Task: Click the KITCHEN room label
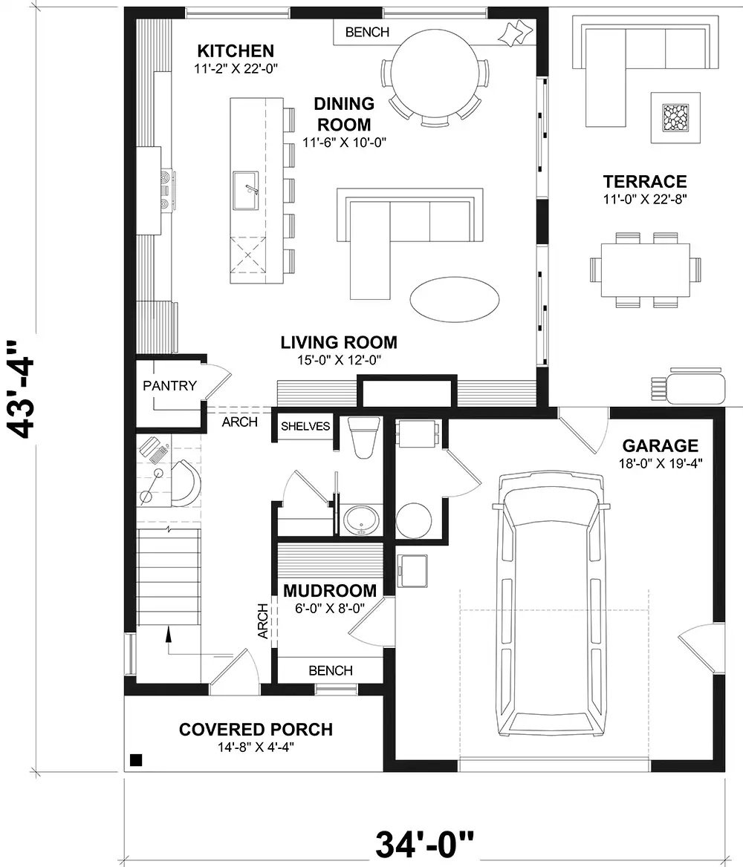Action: [235, 51]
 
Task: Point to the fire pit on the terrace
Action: [675, 117]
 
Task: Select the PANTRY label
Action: [170, 385]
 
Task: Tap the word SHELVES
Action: [305, 426]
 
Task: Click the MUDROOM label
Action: [329, 591]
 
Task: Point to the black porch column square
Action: [136, 759]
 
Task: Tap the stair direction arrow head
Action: [169, 632]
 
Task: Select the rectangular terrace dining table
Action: [645, 268]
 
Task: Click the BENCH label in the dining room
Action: [367, 32]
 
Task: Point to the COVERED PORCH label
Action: [256, 730]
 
